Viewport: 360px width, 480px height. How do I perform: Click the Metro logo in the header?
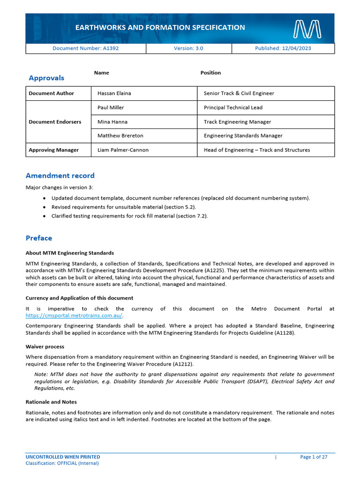[307, 29]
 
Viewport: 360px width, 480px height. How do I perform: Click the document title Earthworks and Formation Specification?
[160, 28]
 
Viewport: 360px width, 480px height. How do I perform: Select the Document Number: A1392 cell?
[85, 48]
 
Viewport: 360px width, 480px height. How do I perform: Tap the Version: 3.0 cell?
[188, 48]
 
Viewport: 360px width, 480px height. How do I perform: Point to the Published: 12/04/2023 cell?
[283, 48]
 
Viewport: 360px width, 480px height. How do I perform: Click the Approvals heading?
[46, 78]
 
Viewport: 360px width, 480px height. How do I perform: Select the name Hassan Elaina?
[114, 93]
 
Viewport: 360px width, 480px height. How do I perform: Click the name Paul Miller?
[111, 107]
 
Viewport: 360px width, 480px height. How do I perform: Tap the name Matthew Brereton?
[120, 136]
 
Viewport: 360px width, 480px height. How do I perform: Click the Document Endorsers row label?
[55, 122]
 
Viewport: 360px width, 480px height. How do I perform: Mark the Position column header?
[210, 73]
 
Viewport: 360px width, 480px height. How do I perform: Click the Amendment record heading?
[60, 176]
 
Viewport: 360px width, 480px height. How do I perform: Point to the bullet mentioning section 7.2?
[129, 216]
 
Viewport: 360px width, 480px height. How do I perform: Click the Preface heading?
[39, 238]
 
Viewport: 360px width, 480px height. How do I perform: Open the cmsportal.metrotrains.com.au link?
[74, 315]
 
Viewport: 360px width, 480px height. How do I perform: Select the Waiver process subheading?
[45, 347]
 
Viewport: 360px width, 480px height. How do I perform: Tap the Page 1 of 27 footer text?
[314, 457]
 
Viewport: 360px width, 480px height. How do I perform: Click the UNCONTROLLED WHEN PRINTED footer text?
[63, 457]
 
